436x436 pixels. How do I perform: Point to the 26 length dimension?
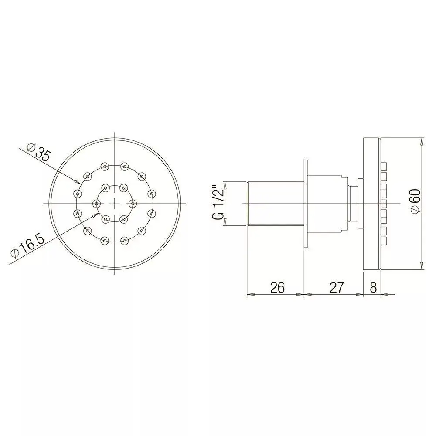[277, 287]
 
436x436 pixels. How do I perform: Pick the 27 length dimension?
[337, 287]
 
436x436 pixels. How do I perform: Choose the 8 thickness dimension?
[373, 287]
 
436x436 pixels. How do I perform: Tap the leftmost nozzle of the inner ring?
[96, 204]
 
